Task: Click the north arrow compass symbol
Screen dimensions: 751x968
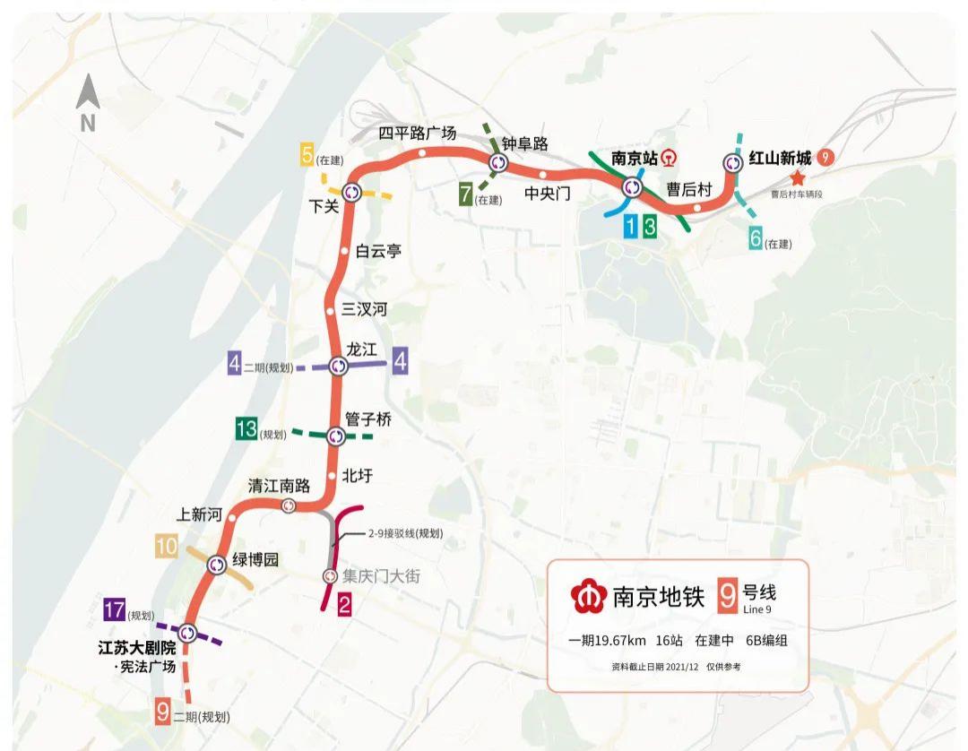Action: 88,103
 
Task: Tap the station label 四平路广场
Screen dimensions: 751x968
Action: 417,134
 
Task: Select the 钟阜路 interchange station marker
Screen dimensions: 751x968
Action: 498,163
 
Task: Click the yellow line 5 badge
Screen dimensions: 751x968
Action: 307,156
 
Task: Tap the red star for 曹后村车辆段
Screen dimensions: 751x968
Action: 798,179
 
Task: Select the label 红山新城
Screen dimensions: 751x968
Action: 781,159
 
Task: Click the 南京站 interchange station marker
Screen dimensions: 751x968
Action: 633,187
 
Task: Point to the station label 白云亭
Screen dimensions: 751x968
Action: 378,252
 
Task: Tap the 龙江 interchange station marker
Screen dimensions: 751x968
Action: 337,366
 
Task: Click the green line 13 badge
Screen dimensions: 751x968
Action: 246,429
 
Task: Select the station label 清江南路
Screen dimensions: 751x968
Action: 279,486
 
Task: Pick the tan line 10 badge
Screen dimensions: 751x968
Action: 166,546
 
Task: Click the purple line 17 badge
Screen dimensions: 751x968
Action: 114,610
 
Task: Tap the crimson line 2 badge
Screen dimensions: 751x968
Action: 344,607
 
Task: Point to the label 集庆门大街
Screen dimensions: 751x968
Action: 381,576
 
